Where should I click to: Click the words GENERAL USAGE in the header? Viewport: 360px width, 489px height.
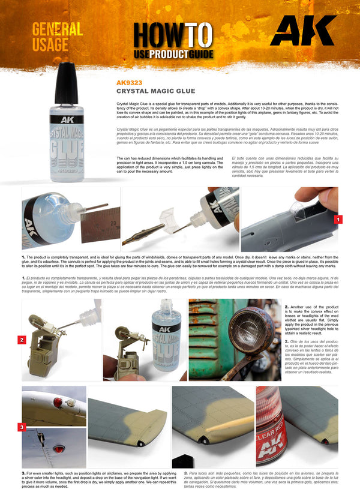coord(57,37)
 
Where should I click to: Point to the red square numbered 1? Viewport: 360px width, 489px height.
coord(339,220)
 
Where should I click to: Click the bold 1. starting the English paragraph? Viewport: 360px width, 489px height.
coord(23,257)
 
